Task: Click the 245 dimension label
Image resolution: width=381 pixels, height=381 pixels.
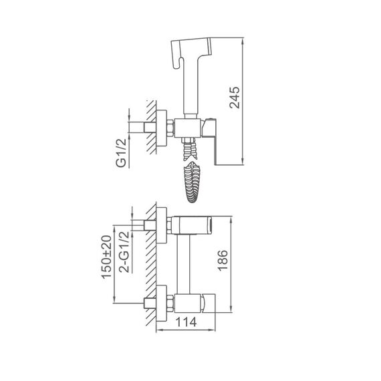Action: [x=235, y=98]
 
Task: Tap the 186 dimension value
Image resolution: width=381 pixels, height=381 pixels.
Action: [x=223, y=261]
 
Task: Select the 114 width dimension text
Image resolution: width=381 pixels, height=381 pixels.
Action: [x=186, y=322]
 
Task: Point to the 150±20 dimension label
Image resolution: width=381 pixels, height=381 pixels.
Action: [x=106, y=257]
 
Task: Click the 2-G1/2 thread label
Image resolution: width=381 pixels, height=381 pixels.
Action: [x=124, y=252]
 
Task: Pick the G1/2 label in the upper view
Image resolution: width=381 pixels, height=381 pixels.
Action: [x=121, y=153]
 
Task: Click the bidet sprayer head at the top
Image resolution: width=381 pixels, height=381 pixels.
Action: [x=191, y=51]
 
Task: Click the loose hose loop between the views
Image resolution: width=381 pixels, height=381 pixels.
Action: [x=193, y=182]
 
